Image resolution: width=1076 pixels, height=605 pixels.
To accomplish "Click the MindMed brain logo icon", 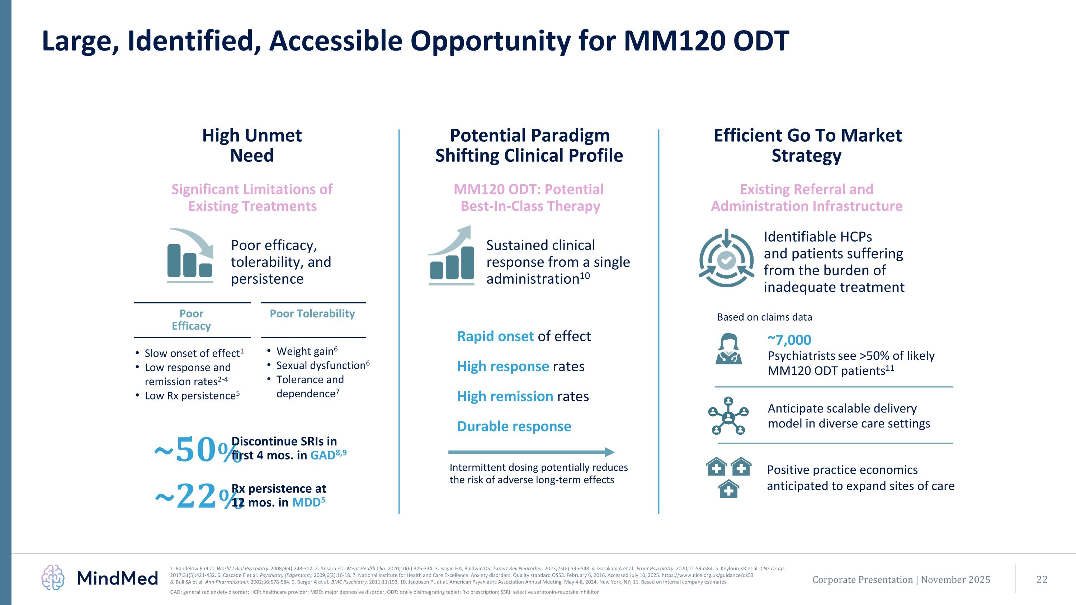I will click(x=53, y=577).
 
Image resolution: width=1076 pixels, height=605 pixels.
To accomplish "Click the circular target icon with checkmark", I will click(x=726, y=259).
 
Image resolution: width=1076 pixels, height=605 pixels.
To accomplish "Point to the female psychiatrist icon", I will click(x=728, y=349).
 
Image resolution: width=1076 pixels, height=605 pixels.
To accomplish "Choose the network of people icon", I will click(x=728, y=416).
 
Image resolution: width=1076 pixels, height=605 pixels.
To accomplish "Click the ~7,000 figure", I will click(x=789, y=340).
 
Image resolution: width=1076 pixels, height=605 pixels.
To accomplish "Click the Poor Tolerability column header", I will click(x=312, y=313).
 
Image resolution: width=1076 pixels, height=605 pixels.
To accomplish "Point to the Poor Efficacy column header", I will click(x=191, y=320).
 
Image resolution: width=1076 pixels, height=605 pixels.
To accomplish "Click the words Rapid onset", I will click(x=495, y=336).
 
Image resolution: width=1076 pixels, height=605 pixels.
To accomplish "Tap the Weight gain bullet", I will click(x=307, y=351).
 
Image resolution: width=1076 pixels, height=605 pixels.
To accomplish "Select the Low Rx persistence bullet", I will click(x=192, y=396).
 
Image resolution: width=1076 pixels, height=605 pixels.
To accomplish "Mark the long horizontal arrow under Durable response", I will click(x=530, y=452).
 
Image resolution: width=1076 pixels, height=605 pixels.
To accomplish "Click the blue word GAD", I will click(x=322, y=455).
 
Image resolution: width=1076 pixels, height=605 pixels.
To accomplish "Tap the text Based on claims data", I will click(x=764, y=317).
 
